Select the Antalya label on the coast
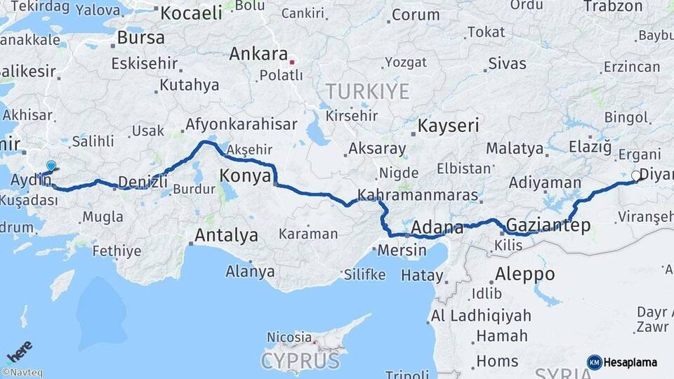(x=226, y=235)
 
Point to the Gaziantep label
(x=548, y=225)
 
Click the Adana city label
(x=437, y=228)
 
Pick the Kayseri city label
(x=448, y=126)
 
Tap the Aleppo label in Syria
(x=524, y=274)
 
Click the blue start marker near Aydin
(x=51, y=166)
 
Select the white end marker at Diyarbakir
(x=636, y=175)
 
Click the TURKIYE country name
(x=366, y=91)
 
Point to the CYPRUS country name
(x=300, y=361)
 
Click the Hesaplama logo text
(x=630, y=362)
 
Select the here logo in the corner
(x=20, y=352)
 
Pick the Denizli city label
(x=143, y=182)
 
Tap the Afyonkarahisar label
(x=240, y=125)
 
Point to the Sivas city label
(x=507, y=64)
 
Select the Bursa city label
(x=140, y=37)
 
